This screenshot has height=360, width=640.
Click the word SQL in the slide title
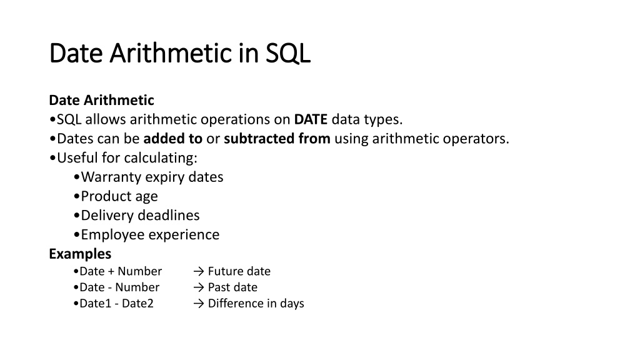[x=288, y=53]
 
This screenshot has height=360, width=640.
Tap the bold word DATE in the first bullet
[x=311, y=119]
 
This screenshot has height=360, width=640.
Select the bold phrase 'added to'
[x=172, y=138]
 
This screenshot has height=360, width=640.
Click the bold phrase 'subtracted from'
[x=277, y=138]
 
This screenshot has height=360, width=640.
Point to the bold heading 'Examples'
[x=80, y=254]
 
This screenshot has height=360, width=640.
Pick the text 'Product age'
[x=119, y=196]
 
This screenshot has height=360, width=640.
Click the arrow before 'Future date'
[x=198, y=271]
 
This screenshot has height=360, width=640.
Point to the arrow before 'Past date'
[x=198, y=287]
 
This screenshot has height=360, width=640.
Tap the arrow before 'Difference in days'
[x=198, y=304]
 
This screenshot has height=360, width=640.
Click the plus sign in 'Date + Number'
[x=111, y=272]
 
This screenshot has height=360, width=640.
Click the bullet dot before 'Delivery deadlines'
[x=76, y=216]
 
